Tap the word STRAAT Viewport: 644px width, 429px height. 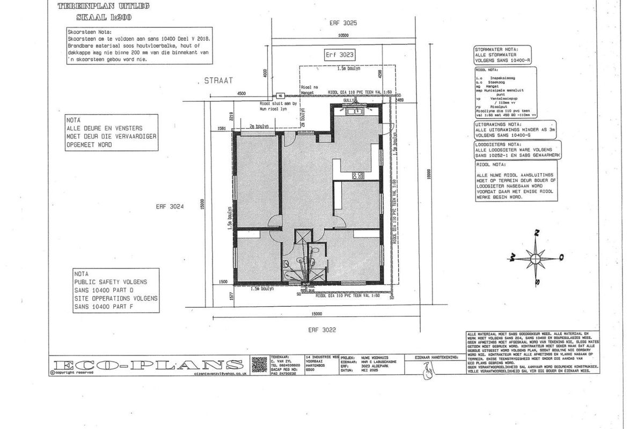click(218, 80)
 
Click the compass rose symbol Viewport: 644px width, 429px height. click(536, 256)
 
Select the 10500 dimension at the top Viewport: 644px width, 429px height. click(343, 35)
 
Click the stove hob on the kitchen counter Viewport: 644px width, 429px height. click(358, 175)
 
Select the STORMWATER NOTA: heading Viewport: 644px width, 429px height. click(496, 49)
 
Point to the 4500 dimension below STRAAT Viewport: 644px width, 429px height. click(241, 93)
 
